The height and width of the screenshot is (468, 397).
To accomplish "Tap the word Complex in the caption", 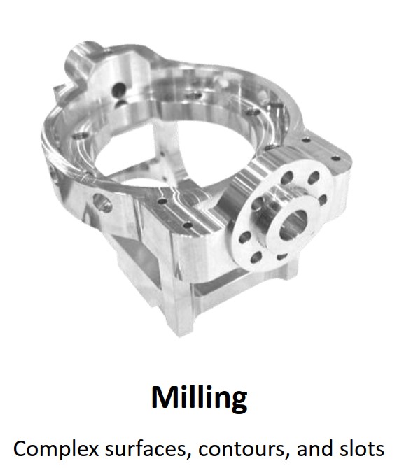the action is click(x=56, y=449).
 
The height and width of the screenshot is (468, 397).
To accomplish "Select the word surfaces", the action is click(x=144, y=448).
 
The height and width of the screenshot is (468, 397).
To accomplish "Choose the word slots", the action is click(x=362, y=448).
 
